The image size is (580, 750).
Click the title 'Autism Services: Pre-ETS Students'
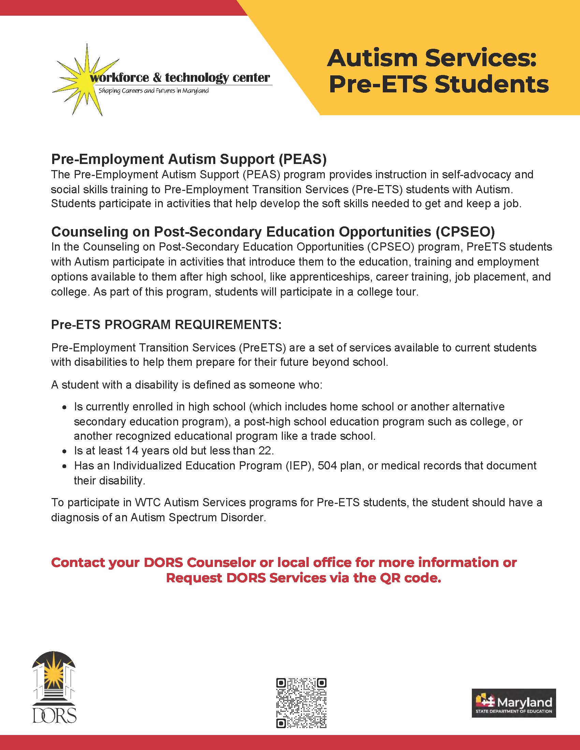pyautogui.click(x=436, y=71)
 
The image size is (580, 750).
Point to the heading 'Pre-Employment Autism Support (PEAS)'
pyautogui.click(x=189, y=159)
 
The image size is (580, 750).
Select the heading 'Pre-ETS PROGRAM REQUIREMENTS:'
pyautogui.click(x=166, y=325)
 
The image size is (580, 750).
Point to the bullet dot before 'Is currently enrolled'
pyautogui.click(x=64, y=407)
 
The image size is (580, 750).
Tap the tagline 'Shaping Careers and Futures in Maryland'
pyautogui.click(x=154, y=91)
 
